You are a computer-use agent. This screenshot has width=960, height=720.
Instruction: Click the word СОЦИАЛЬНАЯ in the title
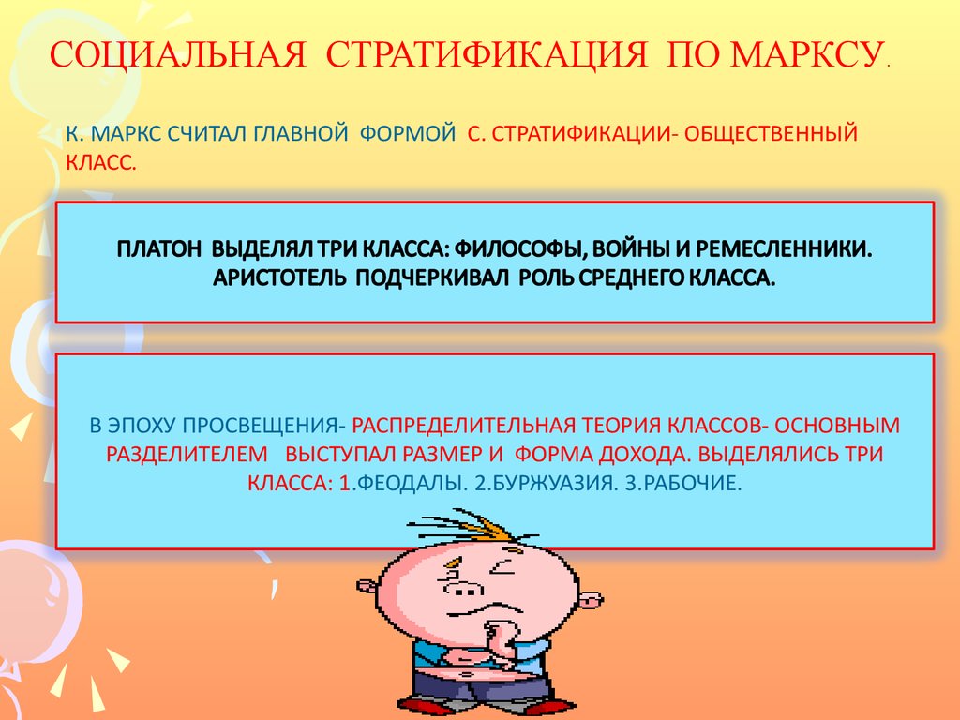[177, 54]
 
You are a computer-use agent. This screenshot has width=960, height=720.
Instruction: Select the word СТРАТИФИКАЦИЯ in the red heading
[487, 54]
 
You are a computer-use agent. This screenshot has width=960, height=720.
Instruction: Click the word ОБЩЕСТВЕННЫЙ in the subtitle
[771, 133]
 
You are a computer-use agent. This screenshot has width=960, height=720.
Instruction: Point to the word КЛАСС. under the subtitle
[101, 162]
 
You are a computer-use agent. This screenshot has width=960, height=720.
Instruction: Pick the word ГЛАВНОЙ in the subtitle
[301, 133]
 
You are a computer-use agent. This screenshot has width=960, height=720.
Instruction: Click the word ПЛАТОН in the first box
[158, 249]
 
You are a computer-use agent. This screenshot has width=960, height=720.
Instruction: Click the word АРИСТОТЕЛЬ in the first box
[278, 277]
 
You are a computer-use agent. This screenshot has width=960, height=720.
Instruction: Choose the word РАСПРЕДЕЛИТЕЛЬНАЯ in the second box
[463, 425]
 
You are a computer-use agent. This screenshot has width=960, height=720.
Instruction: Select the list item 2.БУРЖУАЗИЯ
[546, 483]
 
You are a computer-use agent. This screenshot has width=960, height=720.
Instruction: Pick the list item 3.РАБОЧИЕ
[682, 483]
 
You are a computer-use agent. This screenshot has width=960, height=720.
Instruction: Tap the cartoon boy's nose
[463, 589]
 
